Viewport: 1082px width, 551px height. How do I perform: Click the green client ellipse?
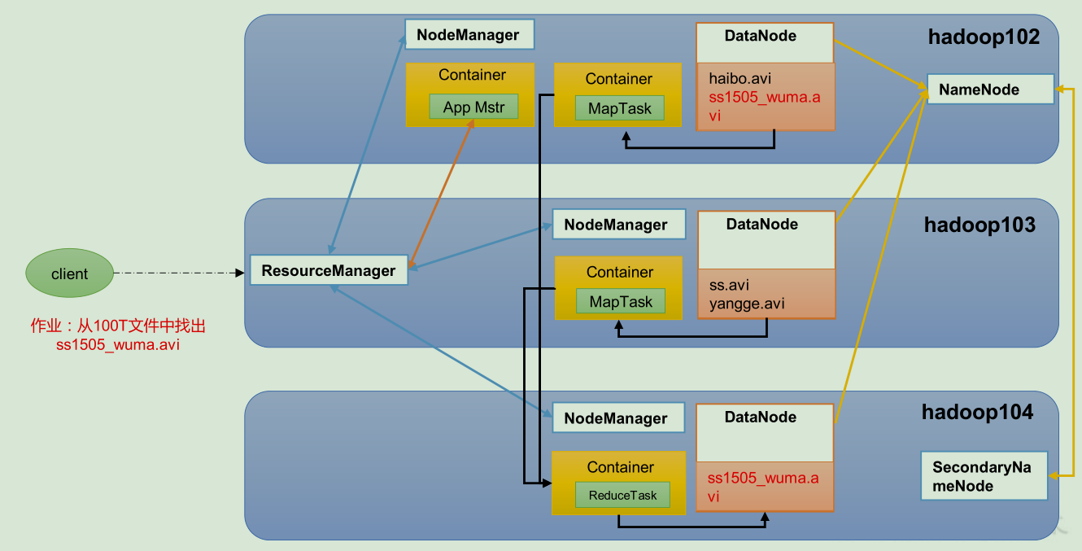[70, 273]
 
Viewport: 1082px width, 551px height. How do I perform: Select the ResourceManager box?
[329, 270]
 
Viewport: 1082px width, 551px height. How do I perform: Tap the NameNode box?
[990, 89]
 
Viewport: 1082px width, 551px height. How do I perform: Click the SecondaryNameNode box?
[984, 475]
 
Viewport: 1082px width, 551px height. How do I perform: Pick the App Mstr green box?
[473, 107]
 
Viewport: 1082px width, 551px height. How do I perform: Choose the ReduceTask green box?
[622, 495]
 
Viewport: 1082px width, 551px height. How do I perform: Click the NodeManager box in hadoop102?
[469, 34]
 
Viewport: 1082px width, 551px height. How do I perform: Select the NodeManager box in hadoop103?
[619, 225]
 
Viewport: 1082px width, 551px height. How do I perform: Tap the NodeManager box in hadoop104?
[618, 418]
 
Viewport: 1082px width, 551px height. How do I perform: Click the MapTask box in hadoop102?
[620, 108]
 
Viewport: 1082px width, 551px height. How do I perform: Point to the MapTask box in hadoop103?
[621, 301]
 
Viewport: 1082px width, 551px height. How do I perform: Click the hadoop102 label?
[984, 37]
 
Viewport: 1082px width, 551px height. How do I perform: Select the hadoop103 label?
[980, 225]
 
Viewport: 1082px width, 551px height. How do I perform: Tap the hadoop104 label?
[978, 412]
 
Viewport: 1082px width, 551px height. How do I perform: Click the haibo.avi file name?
[740, 78]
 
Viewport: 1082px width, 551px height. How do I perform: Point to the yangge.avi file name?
[747, 304]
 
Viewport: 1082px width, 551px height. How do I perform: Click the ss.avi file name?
[729, 285]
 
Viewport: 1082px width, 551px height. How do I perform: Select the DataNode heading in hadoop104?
[761, 417]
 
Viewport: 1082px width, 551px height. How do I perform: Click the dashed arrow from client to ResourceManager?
[179, 273]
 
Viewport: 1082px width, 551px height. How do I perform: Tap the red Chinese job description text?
[118, 335]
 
